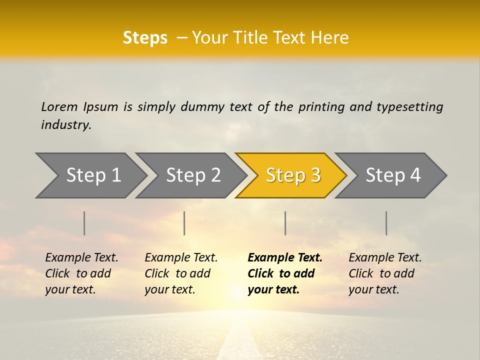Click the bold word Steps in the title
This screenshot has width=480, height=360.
[x=145, y=38]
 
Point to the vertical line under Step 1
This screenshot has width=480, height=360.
[x=84, y=223]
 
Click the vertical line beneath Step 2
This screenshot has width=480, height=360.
[x=184, y=223]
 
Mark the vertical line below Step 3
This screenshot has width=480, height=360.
[x=285, y=223]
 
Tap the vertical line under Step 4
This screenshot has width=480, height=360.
[x=386, y=223]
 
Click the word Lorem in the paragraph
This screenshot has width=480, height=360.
[x=59, y=107]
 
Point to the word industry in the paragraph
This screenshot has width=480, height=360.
[x=66, y=125]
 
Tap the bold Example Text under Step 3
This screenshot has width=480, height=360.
[x=285, y=258]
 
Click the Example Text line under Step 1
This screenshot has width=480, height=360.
[x=81, y=258]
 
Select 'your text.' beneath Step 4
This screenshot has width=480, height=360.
[x=373, y=290]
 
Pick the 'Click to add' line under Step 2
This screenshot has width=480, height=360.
[x=177, y=274]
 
